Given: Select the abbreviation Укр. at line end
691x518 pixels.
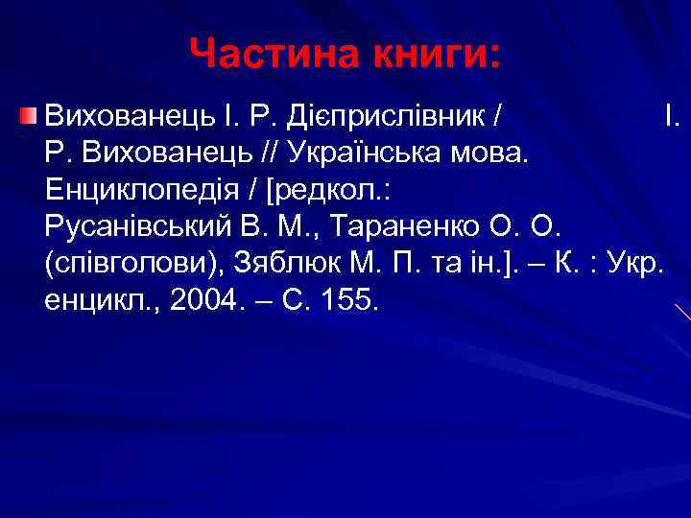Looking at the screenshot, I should [633, 264].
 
